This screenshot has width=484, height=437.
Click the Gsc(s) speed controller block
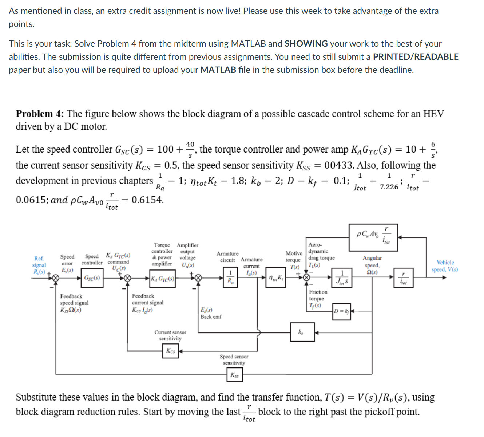pos(92,278)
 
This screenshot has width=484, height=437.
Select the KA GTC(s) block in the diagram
pos(163,279)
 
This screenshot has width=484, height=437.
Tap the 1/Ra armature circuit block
pos(230,277)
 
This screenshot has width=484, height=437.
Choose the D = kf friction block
pos(342,311)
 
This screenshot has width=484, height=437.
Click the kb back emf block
pos(302,332)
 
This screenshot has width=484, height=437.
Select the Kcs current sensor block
pos(171,351)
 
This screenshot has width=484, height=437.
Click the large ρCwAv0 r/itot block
pos(373,237)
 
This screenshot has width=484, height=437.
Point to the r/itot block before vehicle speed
pos(403,278)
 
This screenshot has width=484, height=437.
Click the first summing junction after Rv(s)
pos(55,278)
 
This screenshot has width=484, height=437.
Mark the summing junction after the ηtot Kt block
pos(306,278)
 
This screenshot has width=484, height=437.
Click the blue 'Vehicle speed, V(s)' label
pos(445,266)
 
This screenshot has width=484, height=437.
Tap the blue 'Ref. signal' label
pos(39,262)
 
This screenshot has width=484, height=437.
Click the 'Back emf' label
pos(211,317)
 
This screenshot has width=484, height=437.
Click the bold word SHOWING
pos(306,44)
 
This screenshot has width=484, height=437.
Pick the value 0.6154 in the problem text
pos(147,200)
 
